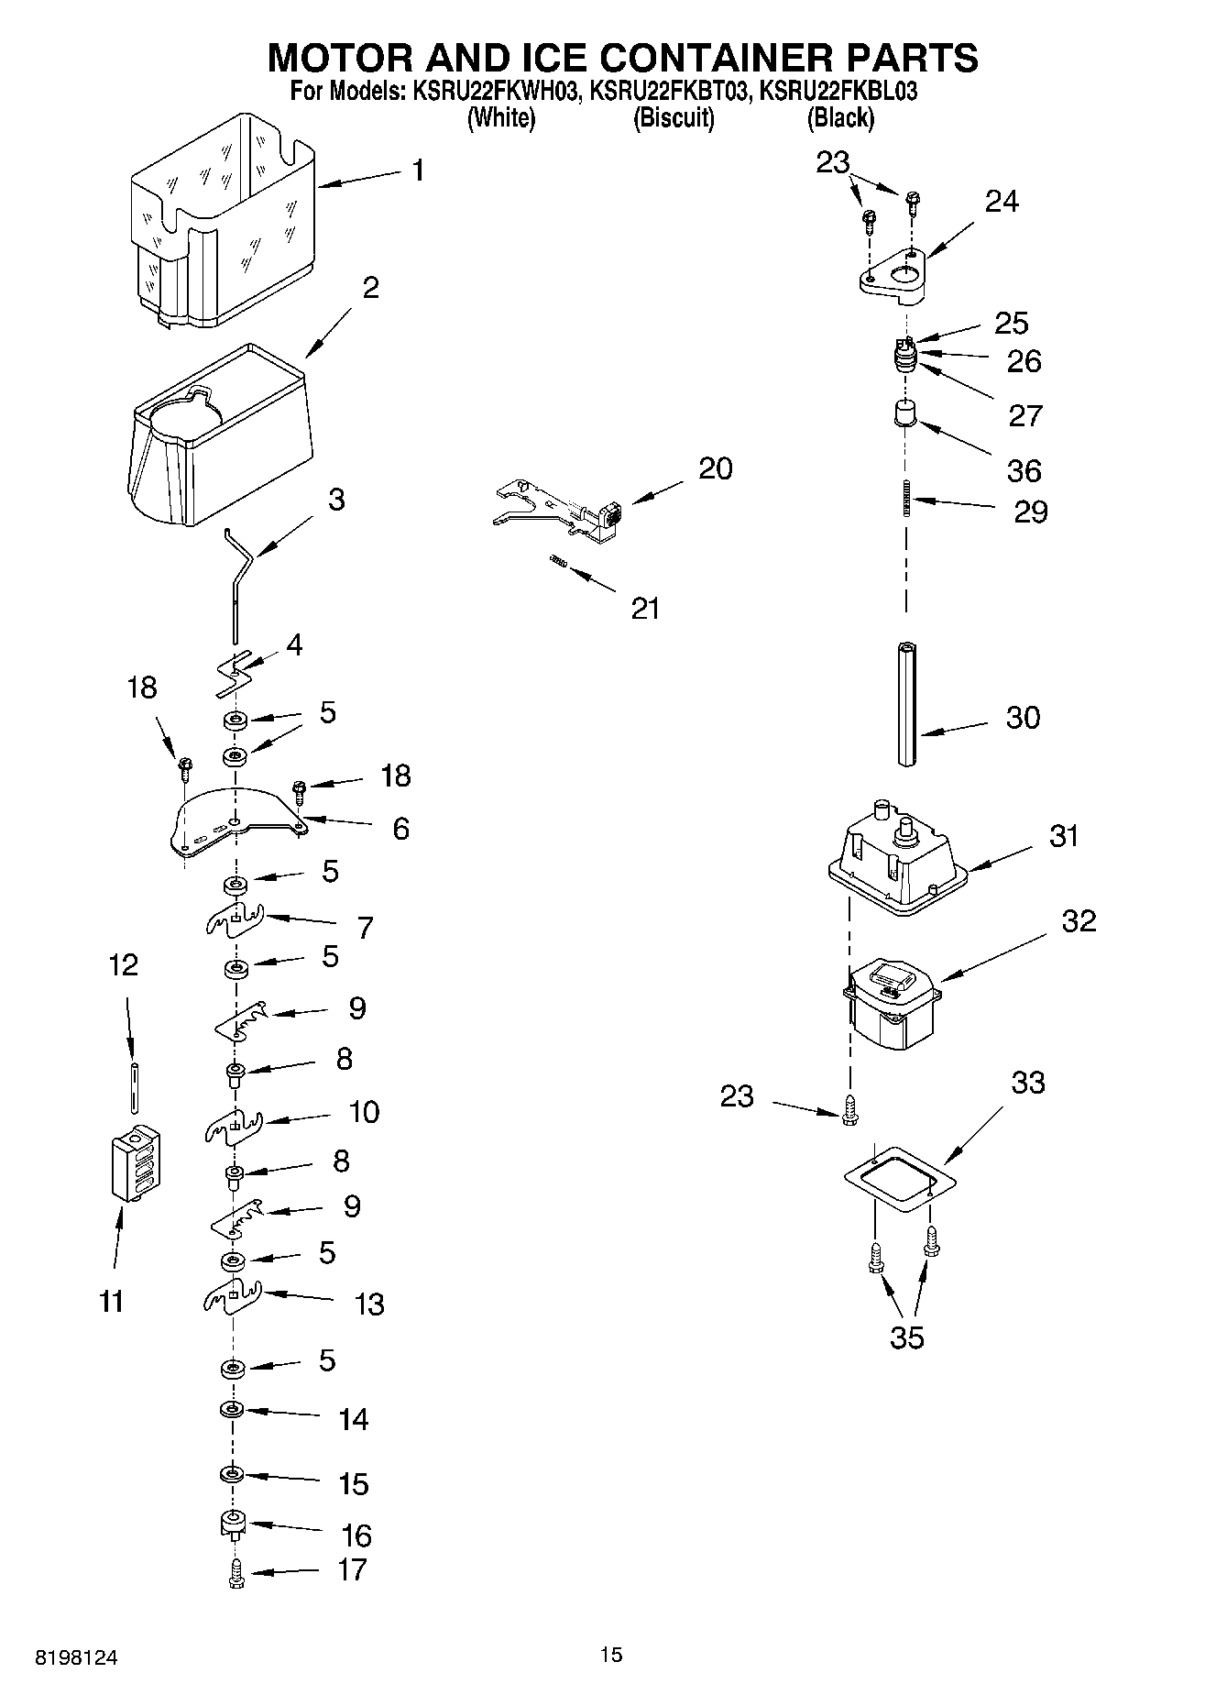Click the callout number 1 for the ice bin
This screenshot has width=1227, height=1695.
(x=418, y=171)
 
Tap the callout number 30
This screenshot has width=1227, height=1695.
(x=1023, y=717)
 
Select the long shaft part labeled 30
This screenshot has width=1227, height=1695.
(x=906, y=704)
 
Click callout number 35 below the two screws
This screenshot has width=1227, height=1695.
(x=907, y=1337)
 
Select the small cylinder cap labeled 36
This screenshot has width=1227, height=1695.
(x=905, y=413)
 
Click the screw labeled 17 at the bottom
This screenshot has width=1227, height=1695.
(x=236, y=1574)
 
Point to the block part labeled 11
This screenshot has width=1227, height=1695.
(x=135, y=1161)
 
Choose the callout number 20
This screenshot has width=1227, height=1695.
(x=715, y=468)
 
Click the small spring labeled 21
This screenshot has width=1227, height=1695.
(x=557, y=561)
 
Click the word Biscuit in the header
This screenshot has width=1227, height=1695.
(x=674, y=117)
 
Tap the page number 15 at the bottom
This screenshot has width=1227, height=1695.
(x=611, y=1655)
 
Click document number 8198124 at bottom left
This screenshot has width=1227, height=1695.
(x=76, y=1657)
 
